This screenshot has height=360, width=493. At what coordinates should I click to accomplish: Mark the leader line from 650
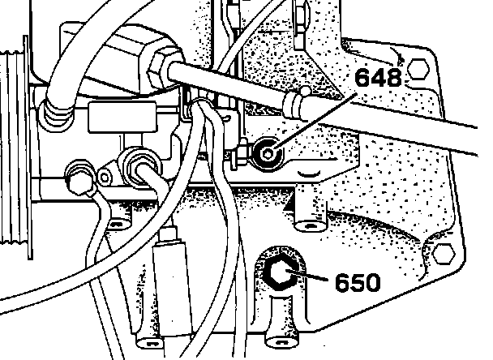tap(312, 281)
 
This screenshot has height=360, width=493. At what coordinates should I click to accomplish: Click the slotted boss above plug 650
tap(307, 214)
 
